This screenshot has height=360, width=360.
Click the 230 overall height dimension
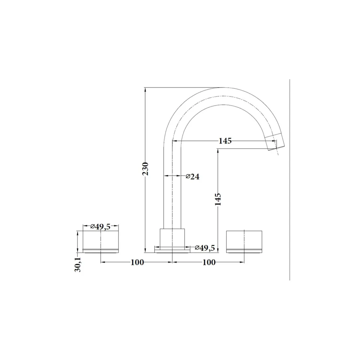[x=145, y=169]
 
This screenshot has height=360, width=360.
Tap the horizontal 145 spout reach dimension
[x=225, y=141]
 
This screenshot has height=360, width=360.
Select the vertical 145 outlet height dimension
[x=218, y=199]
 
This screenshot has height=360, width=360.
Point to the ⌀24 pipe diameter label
[x=192, y=176]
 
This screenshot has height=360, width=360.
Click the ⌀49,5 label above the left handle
[x=100, y=226]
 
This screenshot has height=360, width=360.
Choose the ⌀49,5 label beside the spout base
[x=205, y=248]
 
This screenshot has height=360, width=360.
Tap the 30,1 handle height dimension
[x=78, y=265]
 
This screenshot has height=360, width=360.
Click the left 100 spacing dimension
[x=137, y=262]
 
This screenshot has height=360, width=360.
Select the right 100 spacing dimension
[x=209, y=262]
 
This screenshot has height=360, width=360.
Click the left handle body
[x=100, y=242]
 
